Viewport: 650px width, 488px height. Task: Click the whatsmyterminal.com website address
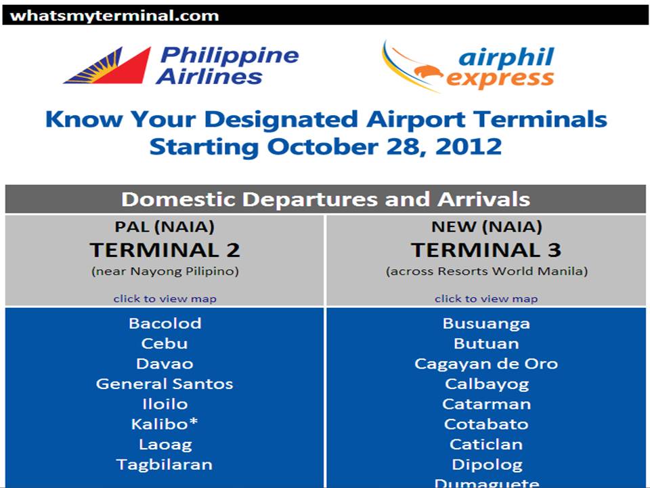[115, 16]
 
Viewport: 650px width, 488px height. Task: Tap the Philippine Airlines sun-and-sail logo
[108, 66]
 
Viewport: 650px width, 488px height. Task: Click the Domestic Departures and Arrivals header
[325, 199]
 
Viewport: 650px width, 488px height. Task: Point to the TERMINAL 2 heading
[165, 250]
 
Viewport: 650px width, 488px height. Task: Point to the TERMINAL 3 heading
[486, 250]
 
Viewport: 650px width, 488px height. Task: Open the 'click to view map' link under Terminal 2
[165, 298]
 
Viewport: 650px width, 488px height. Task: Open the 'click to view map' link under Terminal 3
[486, 298]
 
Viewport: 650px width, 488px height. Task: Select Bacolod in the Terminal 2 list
[165, 323]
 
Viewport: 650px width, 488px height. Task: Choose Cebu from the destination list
[165, 344]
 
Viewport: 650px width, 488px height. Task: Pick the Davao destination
[165, 364]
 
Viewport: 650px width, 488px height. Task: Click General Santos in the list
[165, 384]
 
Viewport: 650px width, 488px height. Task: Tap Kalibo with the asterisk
[165, 424]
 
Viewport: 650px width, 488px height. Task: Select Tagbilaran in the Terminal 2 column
[165, 464]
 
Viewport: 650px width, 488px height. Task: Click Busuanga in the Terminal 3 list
[486, 323]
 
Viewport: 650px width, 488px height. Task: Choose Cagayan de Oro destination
[486, 364]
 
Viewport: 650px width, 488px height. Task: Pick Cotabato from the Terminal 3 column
[486, 424]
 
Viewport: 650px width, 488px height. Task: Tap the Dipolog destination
[486, 464]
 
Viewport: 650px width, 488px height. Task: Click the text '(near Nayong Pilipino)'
[165, 272]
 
